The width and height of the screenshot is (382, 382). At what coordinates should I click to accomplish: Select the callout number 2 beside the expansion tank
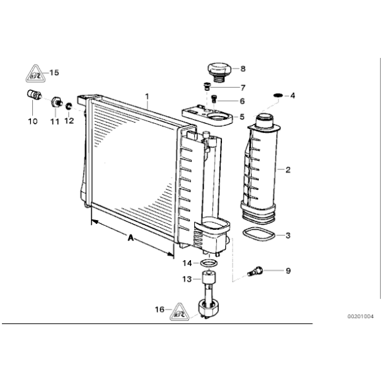[287, 170]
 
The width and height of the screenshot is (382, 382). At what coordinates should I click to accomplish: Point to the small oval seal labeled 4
[277, 96]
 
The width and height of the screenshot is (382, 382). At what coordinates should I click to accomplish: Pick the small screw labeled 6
[214, 99]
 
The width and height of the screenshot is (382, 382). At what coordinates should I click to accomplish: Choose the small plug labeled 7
[207, 86]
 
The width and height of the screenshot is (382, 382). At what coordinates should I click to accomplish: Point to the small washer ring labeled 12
[68, 105]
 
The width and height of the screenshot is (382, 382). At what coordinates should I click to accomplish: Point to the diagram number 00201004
[361, 317]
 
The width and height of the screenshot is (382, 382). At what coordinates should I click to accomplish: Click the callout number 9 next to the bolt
[287, 271]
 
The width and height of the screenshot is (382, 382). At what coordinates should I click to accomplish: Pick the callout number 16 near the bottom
[159, 309]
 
